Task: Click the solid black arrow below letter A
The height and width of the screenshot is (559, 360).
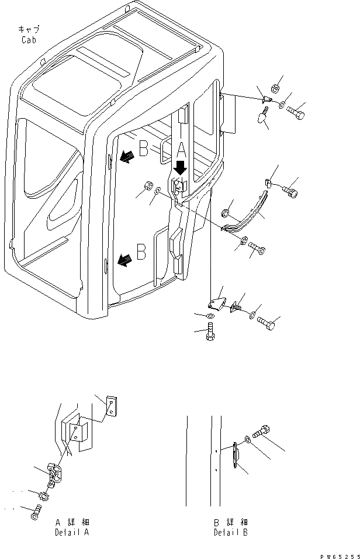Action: (181, 168)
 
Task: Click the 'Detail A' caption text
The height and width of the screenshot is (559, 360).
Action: (72, 533)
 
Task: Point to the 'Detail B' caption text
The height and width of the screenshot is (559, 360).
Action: (231, 533)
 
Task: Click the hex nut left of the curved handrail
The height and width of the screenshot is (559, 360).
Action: (226, 212)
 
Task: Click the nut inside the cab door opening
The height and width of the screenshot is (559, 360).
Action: (147, 187)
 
